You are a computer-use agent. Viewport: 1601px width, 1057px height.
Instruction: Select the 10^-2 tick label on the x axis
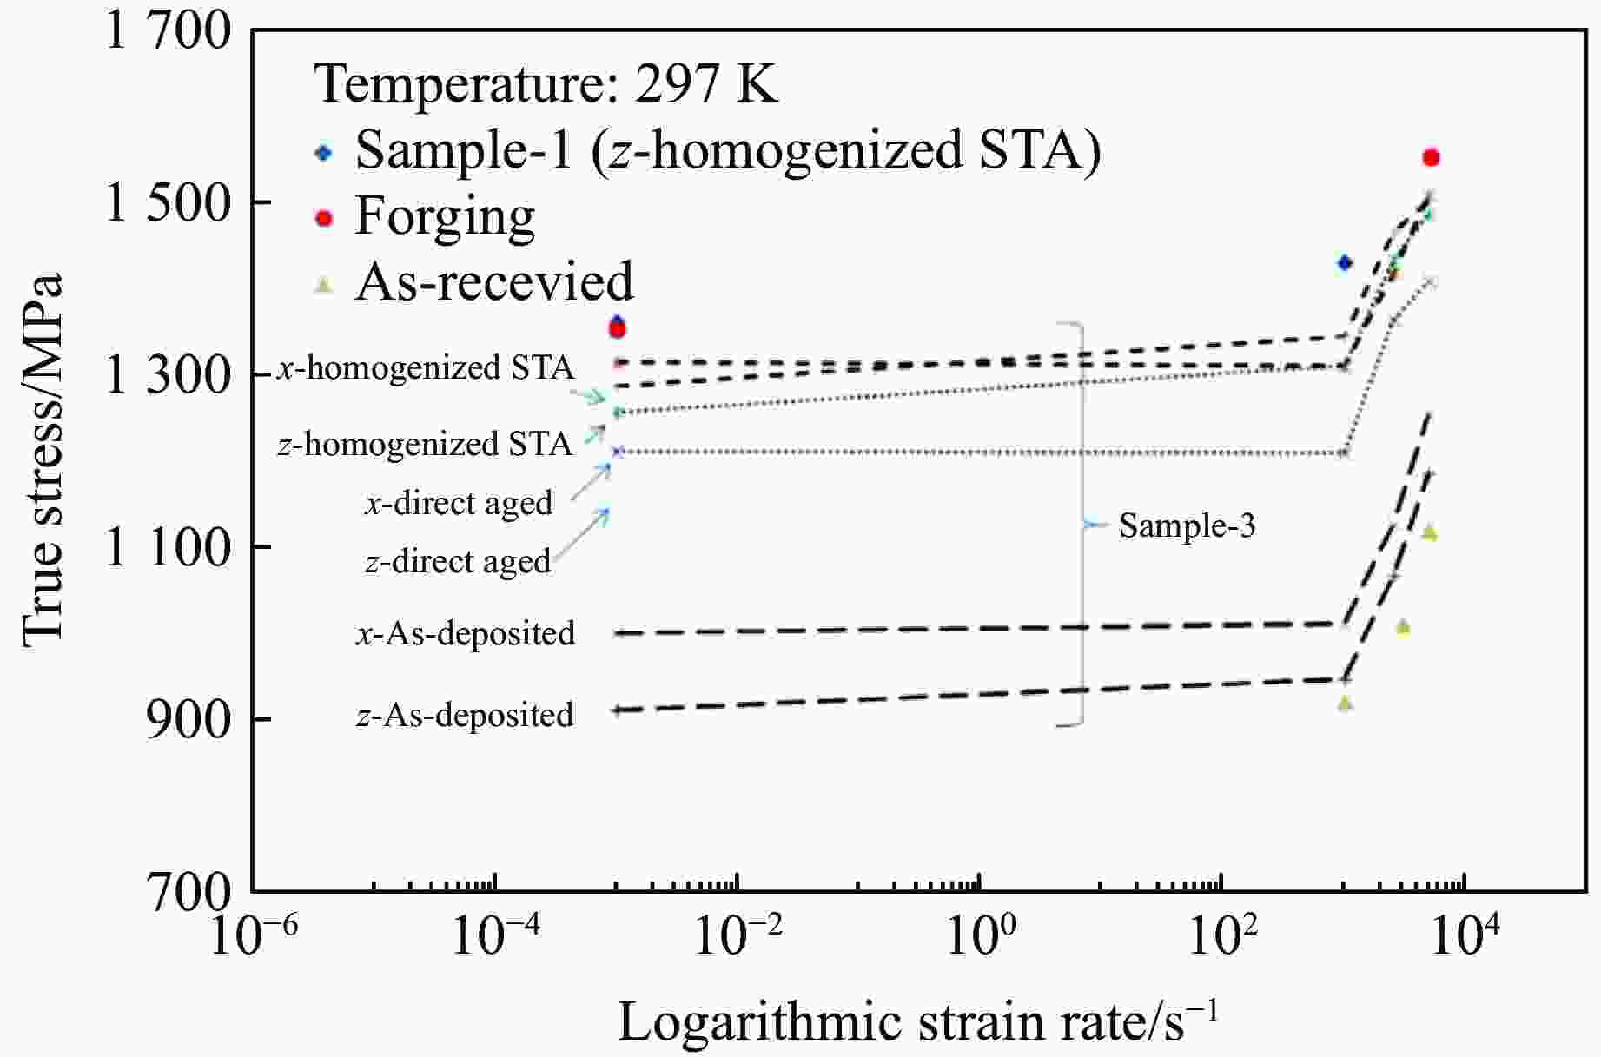739,935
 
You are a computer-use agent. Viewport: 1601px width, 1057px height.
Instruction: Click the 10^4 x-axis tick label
1466,935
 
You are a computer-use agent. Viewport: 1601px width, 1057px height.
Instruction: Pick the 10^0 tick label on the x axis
981,935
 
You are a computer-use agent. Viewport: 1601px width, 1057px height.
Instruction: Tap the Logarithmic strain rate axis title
917,1020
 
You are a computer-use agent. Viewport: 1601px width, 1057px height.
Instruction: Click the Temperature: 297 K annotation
546,84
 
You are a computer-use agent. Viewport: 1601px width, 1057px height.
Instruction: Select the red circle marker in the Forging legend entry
324,218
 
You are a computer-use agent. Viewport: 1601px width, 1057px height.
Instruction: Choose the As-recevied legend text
494,281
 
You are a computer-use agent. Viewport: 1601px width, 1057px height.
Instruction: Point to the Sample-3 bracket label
1187,525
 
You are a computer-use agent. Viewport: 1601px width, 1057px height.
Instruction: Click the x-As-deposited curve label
466,633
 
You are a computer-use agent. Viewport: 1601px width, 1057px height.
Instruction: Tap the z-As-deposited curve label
466,715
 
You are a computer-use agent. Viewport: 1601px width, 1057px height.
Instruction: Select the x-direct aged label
458,503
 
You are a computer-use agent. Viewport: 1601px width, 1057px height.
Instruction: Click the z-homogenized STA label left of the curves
425,444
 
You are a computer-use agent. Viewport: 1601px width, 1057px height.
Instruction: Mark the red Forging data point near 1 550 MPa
1431,157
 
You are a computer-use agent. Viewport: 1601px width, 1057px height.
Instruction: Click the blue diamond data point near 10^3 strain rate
1345,262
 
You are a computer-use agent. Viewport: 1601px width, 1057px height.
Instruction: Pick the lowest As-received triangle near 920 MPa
1346,703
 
